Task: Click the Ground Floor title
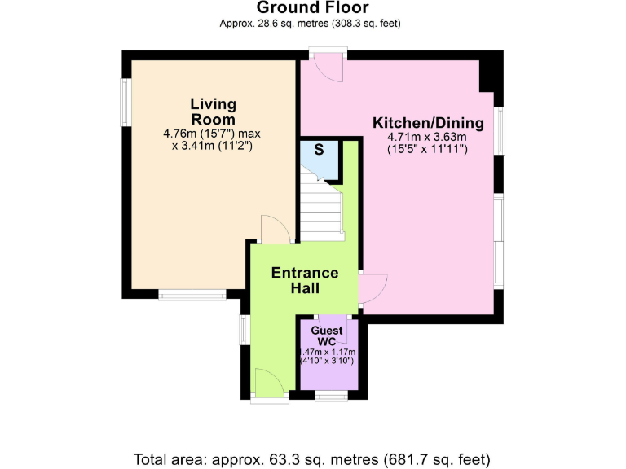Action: (313, 7)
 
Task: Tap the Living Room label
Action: (214, 112)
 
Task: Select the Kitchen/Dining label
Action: (428, 123)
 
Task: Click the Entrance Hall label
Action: (305, 280)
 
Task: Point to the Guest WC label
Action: (327, 335)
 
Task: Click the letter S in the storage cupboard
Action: (319, 150)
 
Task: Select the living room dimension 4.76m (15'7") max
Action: (212, 134)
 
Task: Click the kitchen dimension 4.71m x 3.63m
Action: (427, 137)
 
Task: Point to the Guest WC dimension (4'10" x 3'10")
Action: (327, 361)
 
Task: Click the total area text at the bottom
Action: (312, 459)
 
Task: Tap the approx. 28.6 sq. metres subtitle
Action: (310, 24)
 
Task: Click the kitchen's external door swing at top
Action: (328, 68)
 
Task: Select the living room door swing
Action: (276, 230)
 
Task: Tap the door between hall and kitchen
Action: (373, 289)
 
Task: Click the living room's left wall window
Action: (126, 103)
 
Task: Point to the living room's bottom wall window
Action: (192, 295)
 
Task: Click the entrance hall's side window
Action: (245, 330)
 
